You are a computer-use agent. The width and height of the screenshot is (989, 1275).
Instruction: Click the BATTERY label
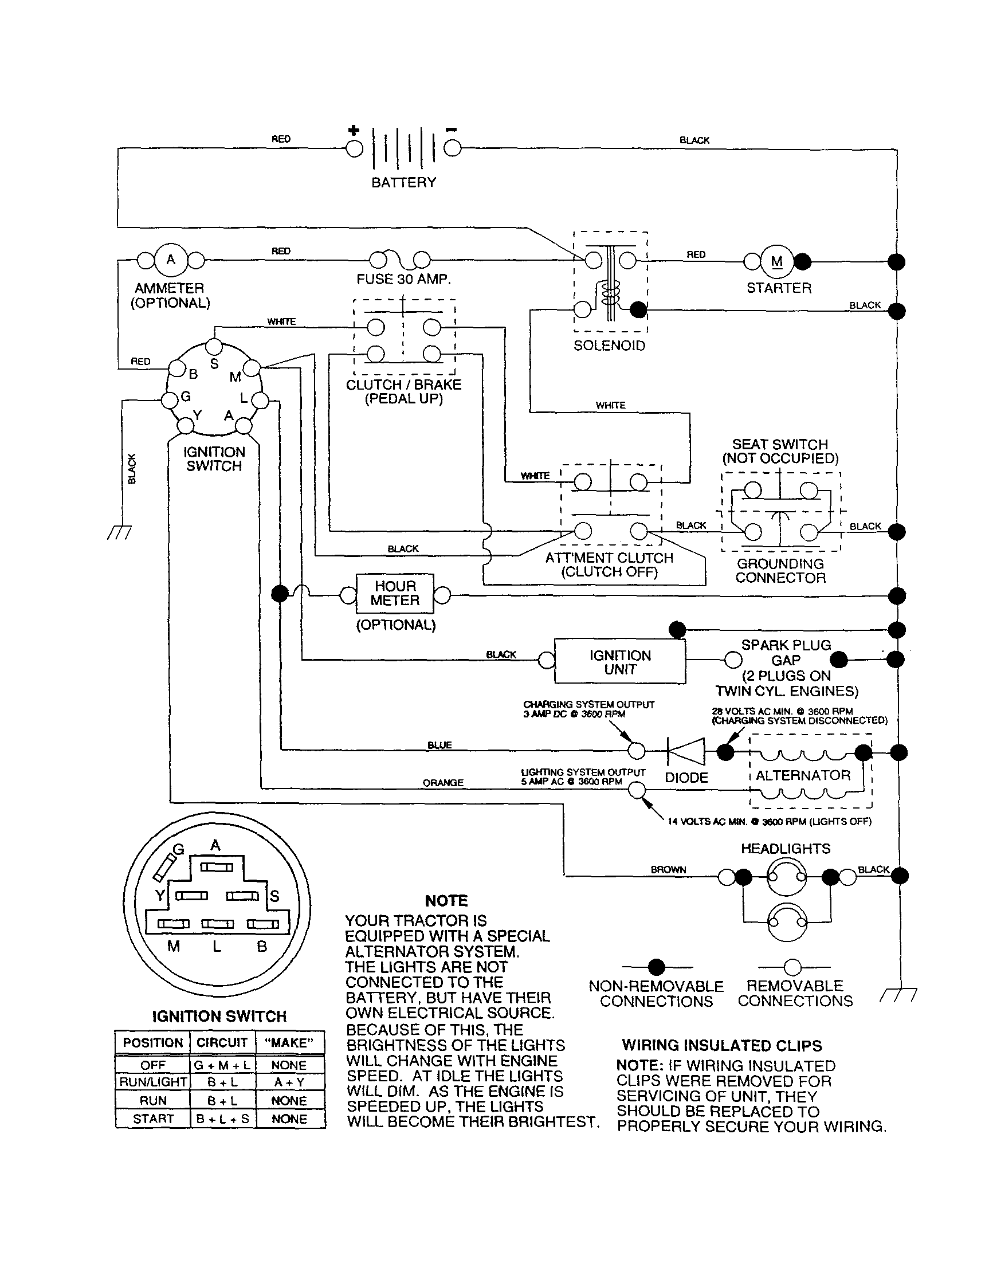[x=403, y=182]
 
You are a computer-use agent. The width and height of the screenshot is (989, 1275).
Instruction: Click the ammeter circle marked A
[x=171, y=260]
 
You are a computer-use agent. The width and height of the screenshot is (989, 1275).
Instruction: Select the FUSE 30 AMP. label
[x=403, y=279]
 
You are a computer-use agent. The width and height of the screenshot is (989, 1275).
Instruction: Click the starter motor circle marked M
[x=776, y=261]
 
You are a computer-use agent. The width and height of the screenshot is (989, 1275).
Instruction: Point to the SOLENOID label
[x=609, y=346]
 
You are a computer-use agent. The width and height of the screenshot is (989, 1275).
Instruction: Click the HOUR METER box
[x=395, y=593]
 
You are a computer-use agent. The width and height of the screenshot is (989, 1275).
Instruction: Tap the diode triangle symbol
[x=686, y=751]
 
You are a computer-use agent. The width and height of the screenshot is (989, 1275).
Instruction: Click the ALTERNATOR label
[x=803, y=775]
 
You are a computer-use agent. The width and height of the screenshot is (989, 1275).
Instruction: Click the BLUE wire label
[x=439, y=745]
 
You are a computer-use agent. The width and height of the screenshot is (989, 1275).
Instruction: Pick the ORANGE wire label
[x=442, y=782]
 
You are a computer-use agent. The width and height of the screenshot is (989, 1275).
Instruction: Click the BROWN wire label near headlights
[x=668, y=869]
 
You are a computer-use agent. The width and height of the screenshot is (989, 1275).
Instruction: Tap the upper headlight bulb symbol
[x=786, y=877]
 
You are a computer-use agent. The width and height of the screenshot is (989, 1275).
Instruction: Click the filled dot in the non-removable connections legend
[x=657, y=967]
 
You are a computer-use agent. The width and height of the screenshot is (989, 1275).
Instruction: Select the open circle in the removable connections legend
[x=792, y=967]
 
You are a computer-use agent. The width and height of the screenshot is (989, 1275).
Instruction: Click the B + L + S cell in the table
[x=222, y=1119]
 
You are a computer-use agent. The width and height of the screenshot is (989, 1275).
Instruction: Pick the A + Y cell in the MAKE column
[x=289, y=1082]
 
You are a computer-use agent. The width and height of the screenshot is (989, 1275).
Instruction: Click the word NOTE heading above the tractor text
[x=446, y=900]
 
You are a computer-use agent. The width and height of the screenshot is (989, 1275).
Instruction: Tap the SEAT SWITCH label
[x=779, y=444]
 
